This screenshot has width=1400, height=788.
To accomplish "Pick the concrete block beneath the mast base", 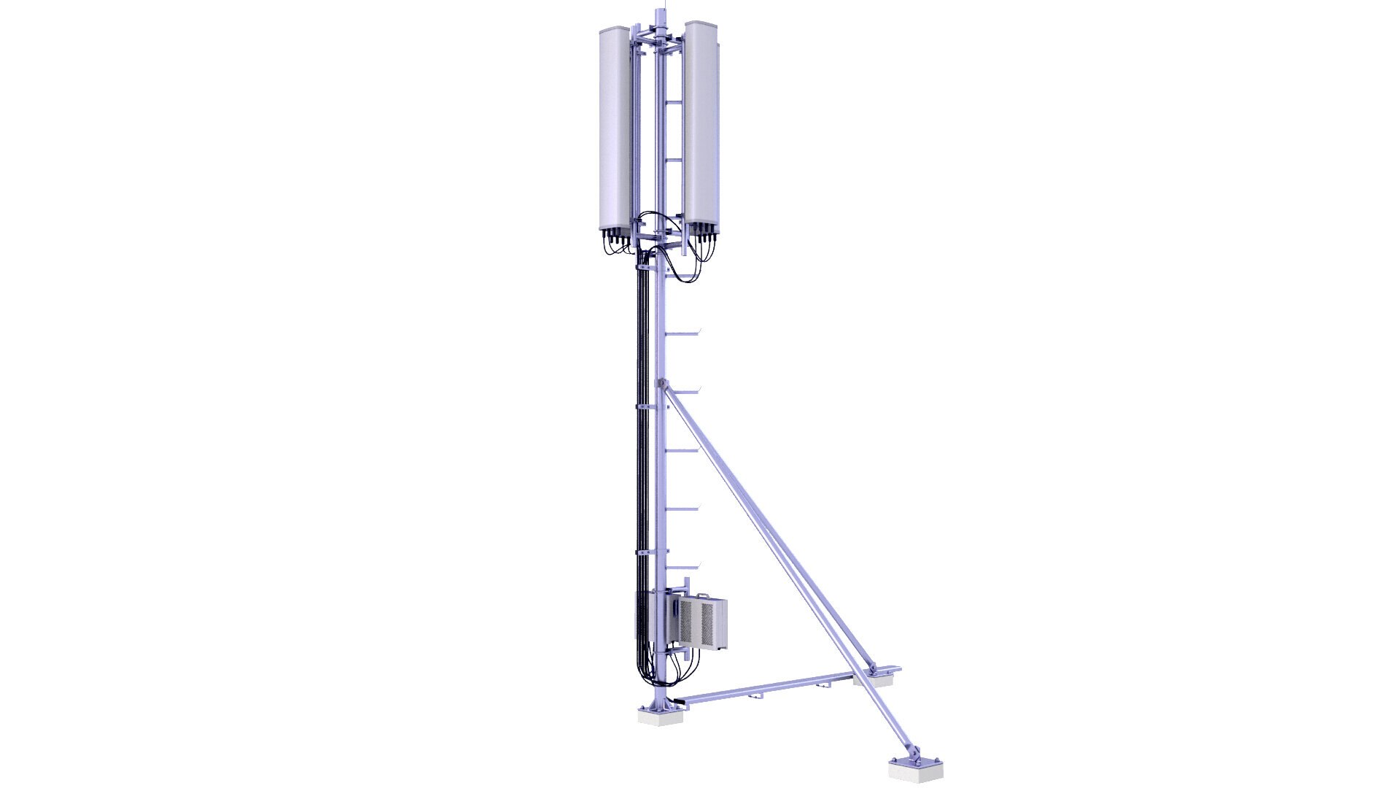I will click(x=661, y=717).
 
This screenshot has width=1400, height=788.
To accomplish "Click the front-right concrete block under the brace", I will click(x=915, y=767).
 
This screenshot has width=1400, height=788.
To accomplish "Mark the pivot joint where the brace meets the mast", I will click(x=661, y=383).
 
